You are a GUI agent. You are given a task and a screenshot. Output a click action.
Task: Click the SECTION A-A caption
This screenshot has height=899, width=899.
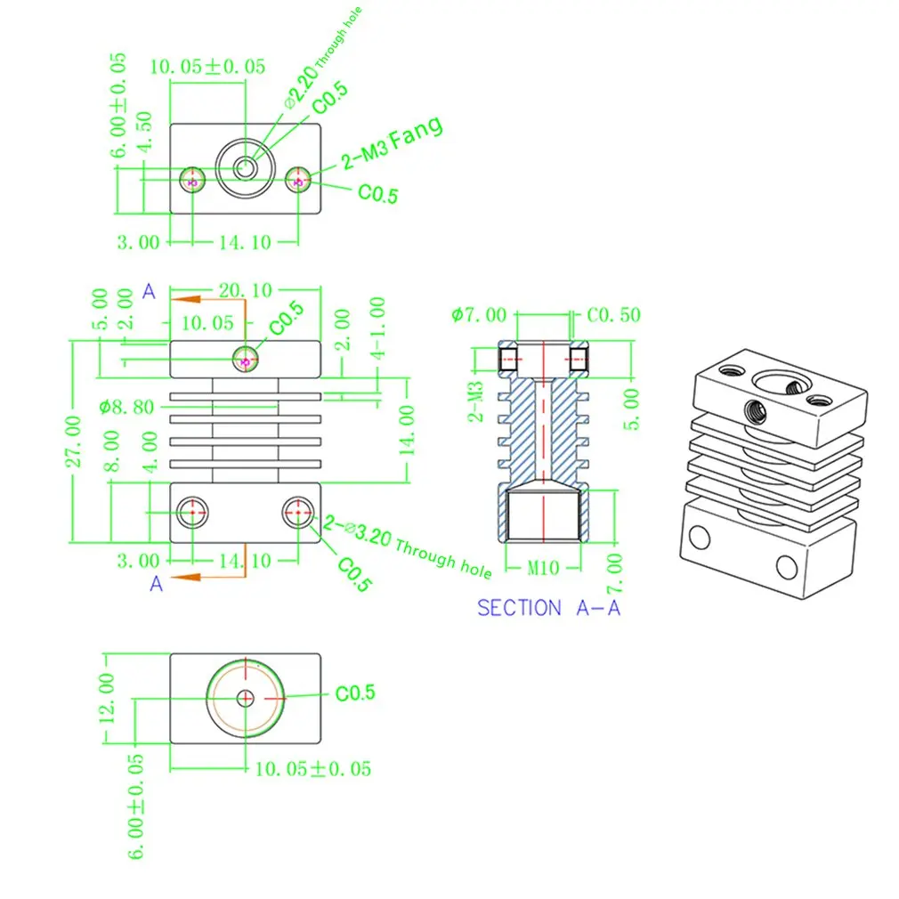548,608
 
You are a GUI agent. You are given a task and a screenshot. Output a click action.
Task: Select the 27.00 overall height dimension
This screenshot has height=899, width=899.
74,441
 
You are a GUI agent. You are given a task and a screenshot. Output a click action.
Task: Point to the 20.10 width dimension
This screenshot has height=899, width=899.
245,290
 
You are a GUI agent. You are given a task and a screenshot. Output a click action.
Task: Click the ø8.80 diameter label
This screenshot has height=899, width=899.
126,407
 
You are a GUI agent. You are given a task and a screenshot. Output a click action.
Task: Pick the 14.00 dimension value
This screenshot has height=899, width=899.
408,430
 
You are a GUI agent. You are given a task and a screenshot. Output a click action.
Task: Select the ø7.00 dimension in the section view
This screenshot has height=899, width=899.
478,315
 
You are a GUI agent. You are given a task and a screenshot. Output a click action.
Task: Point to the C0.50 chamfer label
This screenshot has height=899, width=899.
613,315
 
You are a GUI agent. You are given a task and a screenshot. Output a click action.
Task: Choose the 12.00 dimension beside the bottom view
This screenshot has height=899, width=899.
107,698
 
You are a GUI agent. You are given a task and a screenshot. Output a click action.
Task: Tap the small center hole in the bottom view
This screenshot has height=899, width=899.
246,697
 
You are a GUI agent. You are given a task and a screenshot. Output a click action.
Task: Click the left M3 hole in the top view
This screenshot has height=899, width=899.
192,181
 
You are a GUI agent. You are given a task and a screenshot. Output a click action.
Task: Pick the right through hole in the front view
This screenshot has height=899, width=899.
297,512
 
